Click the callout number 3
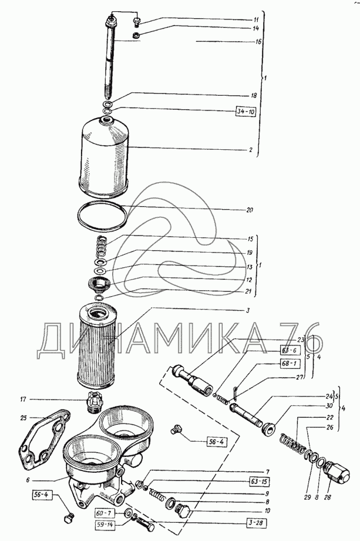click(248, 310)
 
